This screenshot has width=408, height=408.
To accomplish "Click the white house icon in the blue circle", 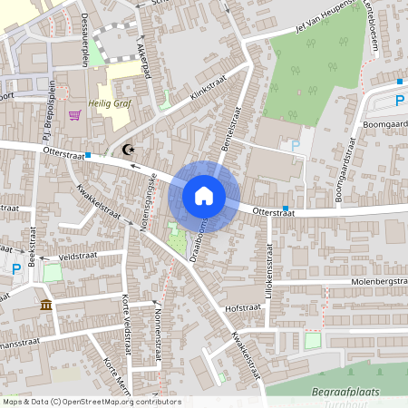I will coord(204,196).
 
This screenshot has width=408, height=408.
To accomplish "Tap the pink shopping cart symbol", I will coord(74,114).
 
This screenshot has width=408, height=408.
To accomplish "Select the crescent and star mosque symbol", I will coord(126,149).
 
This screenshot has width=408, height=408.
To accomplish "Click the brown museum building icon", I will coord(45,305).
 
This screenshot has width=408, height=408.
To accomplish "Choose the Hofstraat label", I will coord(243,307).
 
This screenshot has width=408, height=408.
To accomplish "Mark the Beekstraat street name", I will coord(31,248).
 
